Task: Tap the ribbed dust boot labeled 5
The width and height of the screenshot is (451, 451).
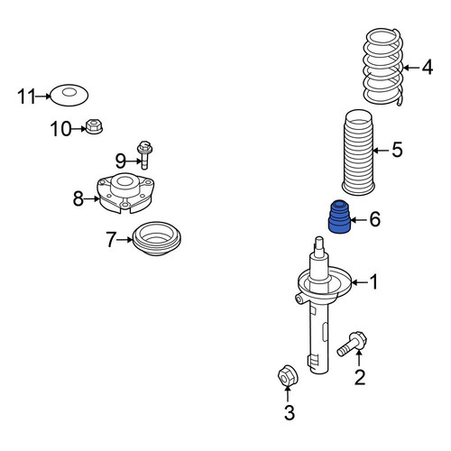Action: click(358, 152)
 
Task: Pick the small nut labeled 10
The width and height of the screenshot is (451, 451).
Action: click(94, 126)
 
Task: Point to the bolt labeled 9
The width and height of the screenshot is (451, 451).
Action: click(144, 154)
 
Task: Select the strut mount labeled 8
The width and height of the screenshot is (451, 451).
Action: click(125, 193)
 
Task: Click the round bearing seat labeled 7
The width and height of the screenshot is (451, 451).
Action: click(156, 239)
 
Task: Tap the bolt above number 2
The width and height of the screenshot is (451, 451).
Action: click(352, 345)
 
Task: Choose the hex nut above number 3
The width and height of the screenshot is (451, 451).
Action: click(288, 375)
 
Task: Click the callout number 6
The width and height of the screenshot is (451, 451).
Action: click(374, 218)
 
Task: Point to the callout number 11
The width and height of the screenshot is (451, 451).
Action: click(26, 97)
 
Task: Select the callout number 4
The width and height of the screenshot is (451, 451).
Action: click(427, 67)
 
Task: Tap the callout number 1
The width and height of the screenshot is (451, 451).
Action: click(373, 282)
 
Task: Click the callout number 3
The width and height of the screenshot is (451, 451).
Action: click(290, 412)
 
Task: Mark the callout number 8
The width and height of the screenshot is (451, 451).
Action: click(78, 198)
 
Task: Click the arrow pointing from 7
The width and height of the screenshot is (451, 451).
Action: click(124, 240)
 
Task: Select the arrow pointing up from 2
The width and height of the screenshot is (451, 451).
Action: click(358, 358)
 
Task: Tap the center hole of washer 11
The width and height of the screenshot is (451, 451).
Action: click(69, 92)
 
